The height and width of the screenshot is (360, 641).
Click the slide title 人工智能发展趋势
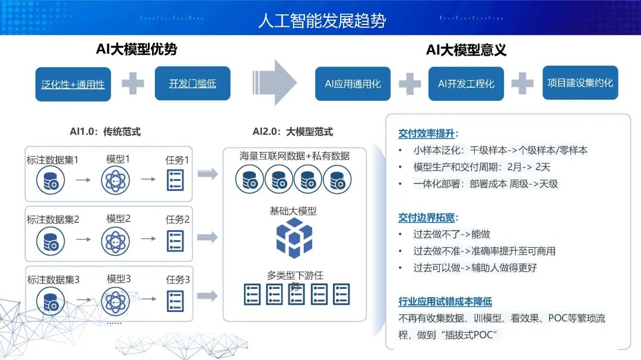pos(322,21)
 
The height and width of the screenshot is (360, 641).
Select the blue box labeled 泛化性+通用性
pos(73,84)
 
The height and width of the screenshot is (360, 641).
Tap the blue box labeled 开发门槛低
pos(192,83)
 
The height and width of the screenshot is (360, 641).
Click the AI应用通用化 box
pos(353,84)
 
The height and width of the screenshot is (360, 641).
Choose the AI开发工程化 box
pos(466,84)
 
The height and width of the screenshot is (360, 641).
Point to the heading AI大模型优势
pos(137,49)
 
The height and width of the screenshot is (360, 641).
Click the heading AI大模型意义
pos(466,50)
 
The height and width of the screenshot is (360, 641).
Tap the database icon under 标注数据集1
pos(50,180)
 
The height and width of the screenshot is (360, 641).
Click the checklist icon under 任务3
pos(176,300)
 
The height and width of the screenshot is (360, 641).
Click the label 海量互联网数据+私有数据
pos(294,156)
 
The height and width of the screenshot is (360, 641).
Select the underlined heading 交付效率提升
pos(429,133)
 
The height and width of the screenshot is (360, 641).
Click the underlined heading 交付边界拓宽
pos(429,218)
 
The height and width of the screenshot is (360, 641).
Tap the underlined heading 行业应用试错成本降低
pos(445,302)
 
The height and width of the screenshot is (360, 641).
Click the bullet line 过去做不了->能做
pos(452,234)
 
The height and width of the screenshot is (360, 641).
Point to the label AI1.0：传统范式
pos(105,132)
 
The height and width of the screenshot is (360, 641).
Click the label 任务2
pos(177,219)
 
